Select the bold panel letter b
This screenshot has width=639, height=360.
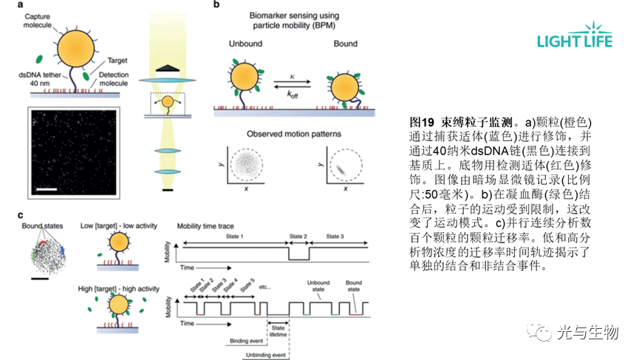[216, 6]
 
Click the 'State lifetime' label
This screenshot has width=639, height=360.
[278, 330]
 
